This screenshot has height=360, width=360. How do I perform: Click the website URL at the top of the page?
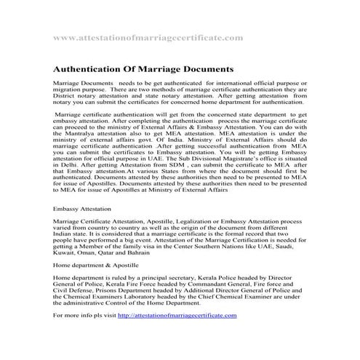(148, 36)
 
